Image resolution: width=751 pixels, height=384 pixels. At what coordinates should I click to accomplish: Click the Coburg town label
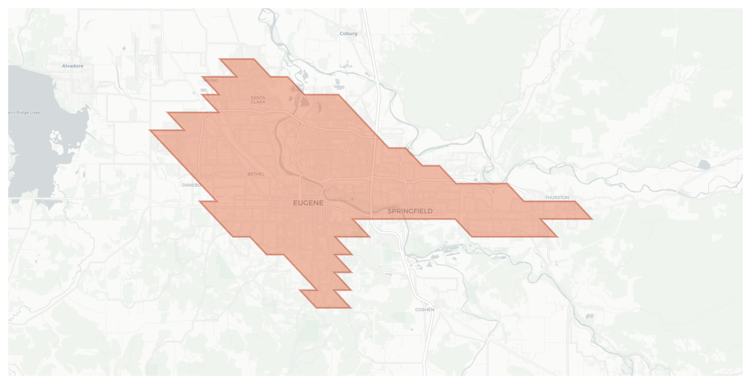click(348, 33)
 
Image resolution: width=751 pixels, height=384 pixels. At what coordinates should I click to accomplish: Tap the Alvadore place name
click(73, 66)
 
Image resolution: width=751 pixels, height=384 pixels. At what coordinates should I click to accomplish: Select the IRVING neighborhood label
click(211, 80)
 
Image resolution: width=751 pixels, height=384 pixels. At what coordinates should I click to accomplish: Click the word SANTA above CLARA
click(258, 97)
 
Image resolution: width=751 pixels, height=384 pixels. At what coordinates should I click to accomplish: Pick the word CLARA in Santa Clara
click(258, 102)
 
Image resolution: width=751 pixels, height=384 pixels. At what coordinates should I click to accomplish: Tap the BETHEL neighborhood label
click(256, 174)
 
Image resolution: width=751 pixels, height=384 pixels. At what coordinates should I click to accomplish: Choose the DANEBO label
click(191, 185)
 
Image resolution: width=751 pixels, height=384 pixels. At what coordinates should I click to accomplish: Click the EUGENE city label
click(308, 203)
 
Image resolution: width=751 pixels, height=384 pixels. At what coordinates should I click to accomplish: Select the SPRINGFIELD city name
click(410, 211)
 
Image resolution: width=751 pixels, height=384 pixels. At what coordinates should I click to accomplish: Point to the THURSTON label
click(557, 197)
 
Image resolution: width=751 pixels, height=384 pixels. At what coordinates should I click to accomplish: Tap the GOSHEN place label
click(424, 310)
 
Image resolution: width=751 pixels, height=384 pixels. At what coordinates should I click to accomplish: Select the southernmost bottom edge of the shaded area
click(334, 307)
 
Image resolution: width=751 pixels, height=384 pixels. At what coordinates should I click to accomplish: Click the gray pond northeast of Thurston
click(704, 165)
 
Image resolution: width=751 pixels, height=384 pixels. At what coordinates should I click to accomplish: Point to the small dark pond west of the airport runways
click(124, 48)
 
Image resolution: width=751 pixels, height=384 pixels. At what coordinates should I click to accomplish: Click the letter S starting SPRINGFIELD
click(390, 211)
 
